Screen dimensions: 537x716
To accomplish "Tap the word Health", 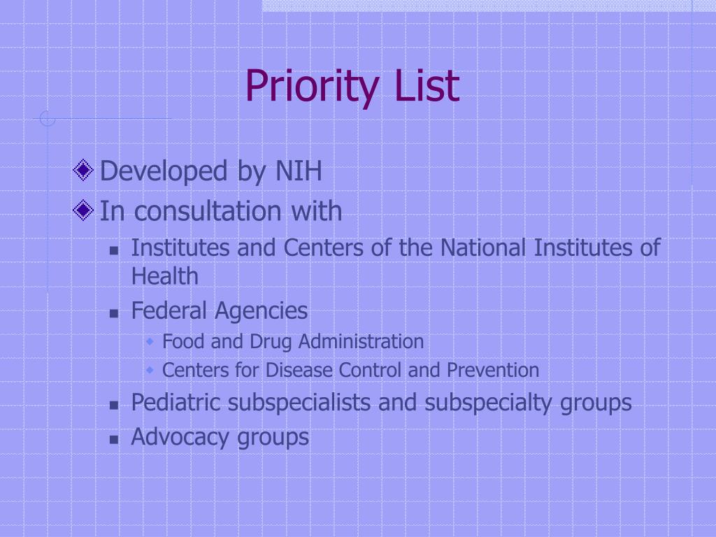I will point(164,276).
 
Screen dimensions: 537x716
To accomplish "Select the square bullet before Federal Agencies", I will point(115,313).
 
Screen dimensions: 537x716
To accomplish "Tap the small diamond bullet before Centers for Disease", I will point(150,370).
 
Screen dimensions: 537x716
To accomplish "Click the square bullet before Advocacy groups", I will point(115,439).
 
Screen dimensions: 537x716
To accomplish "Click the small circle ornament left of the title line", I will point(48,118).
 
